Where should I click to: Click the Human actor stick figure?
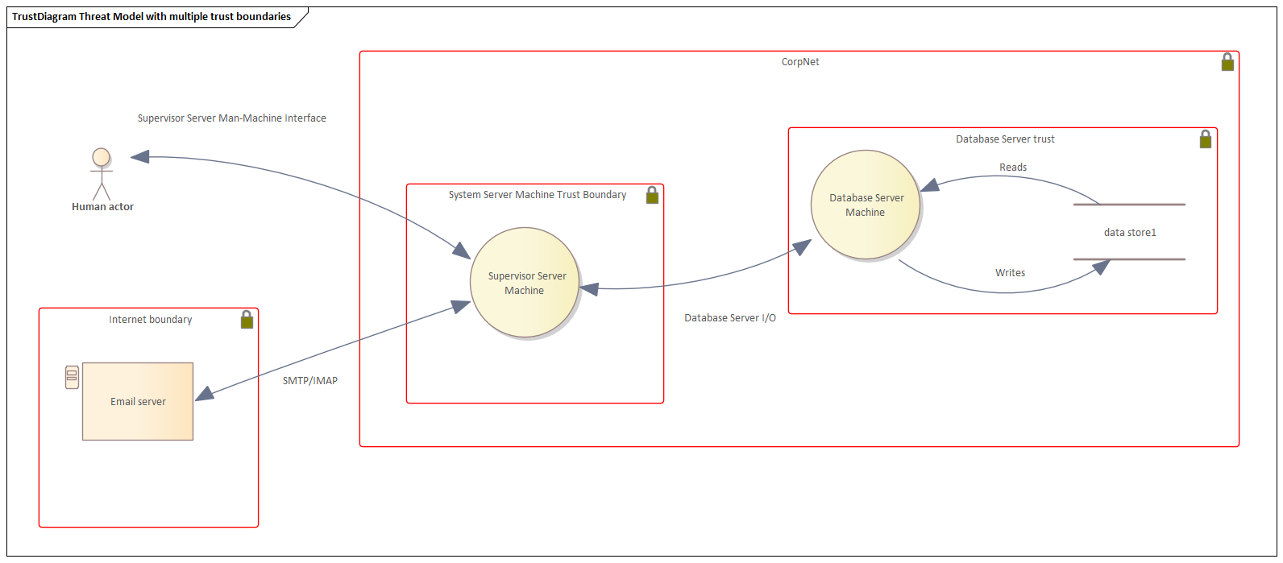[x=101, y=173]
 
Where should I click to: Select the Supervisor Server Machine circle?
[x=525, y=283]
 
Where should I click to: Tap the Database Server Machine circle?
[x=866, y=205]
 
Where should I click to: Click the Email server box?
[x=138, y=401]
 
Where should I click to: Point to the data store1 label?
[x=1130, y=232]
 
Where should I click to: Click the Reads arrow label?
[x=1013, y=167]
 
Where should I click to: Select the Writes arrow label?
[x=1010, y=272]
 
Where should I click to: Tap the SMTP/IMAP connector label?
[x=310, y=380]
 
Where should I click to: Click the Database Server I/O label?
[x=730, y=317]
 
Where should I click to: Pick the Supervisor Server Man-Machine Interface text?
[x=232, y=118]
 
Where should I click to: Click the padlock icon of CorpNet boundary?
[x=1227, y=62]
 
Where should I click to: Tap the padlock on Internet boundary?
[x=247, y=320]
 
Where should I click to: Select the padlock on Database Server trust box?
[x=1205, y=139]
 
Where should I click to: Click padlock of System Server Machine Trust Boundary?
[x=652, y=195]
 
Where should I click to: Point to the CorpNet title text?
[x=800, y=61]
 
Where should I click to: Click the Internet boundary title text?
[x=151, y=319]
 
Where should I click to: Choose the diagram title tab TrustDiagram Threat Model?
[x=152, y=16]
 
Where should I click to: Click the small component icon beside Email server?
[x=72, y=377]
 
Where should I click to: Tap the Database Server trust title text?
[x=1005, y=139]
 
